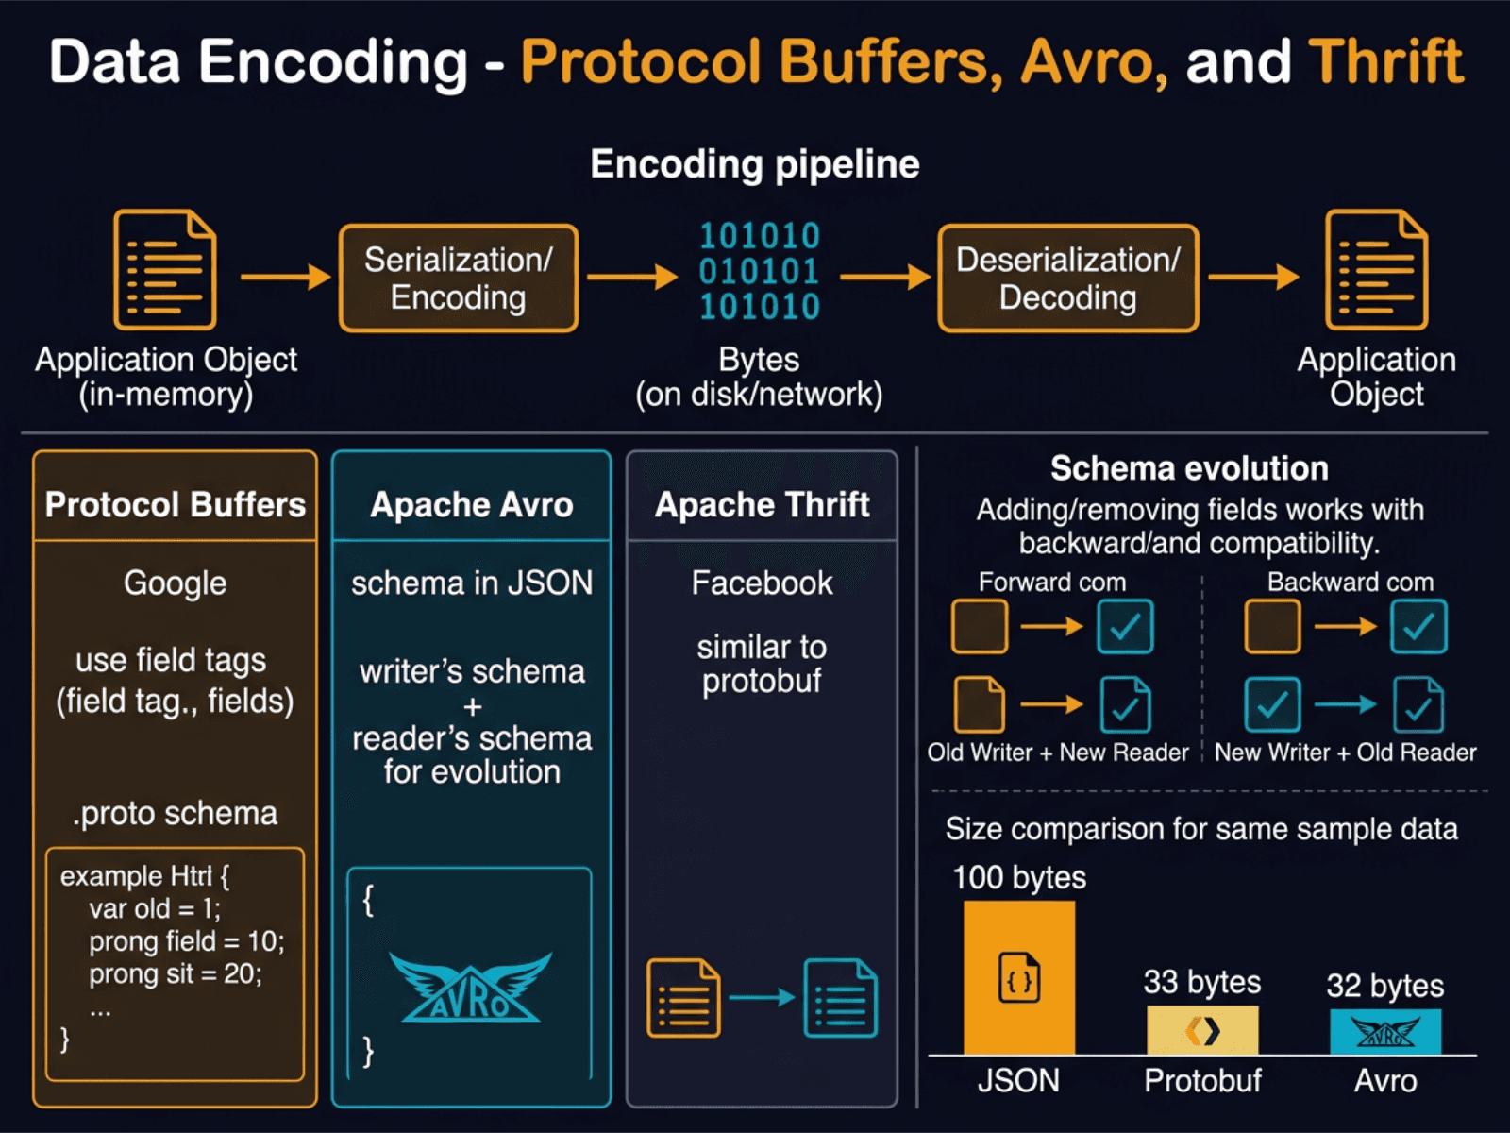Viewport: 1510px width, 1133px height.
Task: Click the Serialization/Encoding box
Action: (x=459, y=279)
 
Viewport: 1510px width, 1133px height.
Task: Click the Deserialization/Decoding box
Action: (x=1067, y=279)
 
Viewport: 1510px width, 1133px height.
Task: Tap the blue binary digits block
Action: (x=759, y=271)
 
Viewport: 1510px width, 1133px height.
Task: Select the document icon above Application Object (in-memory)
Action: (x=165, y=270)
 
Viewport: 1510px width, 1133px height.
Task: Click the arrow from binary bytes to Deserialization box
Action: (x=884, y=277)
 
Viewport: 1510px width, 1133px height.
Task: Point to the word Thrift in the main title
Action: (x=1385, y=62)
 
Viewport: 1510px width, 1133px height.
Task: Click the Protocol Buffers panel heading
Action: (x=176, y=504)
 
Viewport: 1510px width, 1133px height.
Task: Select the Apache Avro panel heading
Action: (x=471, y=504)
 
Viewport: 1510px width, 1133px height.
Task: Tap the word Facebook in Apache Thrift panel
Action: (x=762, y=583)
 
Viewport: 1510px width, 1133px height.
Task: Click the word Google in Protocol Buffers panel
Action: (x=176, y=583)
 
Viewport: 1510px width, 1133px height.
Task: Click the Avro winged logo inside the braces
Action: (x=470, y=988)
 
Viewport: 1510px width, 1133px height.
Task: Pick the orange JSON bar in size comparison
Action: (x=1018, y=977)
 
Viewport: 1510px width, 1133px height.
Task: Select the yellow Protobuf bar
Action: (x=1202, y=1030)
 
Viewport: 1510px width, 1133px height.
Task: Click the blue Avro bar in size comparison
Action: (x=1384, y=1032)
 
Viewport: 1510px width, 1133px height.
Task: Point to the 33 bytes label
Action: (x=1202, y=982)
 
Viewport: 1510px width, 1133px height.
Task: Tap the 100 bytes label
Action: (x=1018, y=877)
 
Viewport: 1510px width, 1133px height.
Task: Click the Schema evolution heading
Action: (x=1189, y=468)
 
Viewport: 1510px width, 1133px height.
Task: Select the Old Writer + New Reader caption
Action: (x=1057, y=753)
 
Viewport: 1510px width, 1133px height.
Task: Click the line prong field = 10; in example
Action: (x=186, y=941)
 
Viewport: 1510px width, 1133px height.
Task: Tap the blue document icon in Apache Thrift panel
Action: (x=840, y=998)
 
